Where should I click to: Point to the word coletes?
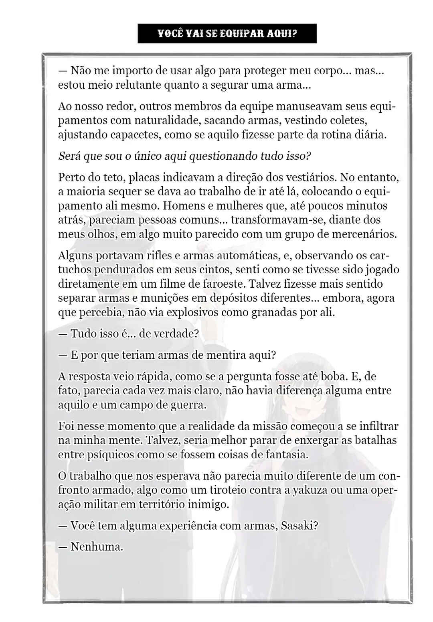coord(347,120)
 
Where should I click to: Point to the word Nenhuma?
coord(97,547)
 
